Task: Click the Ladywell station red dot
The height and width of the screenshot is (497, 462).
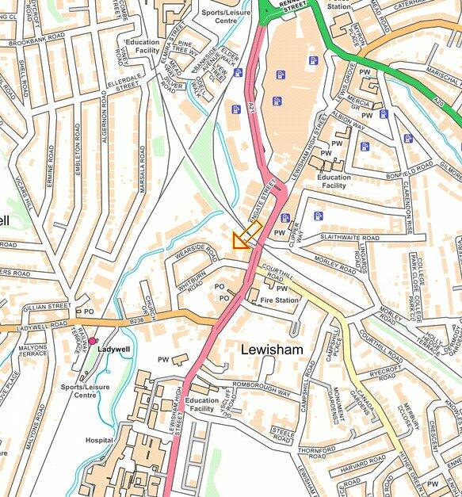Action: [x=93, y=341]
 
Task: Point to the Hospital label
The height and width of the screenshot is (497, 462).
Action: [x=99, y=440]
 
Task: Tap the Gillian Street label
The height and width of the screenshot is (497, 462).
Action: [x=48, y=306]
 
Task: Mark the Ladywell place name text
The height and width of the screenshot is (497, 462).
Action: [x=113, y=349]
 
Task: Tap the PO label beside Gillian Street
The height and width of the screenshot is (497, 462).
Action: [x=89, y=312]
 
